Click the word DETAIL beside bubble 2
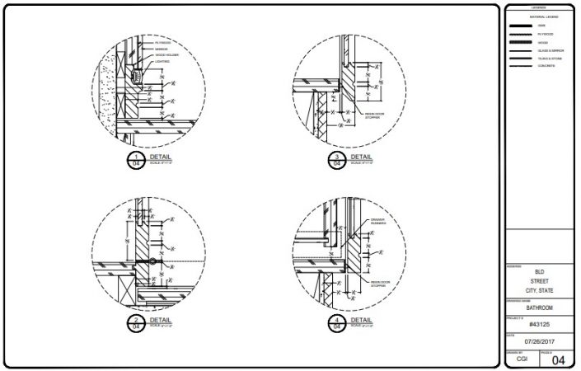coord(162,319)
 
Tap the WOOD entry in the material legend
coord(541,42)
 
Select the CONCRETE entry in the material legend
coord(546,65)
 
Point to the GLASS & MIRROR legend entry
coord(549,49)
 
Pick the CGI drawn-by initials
coord(522,359)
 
